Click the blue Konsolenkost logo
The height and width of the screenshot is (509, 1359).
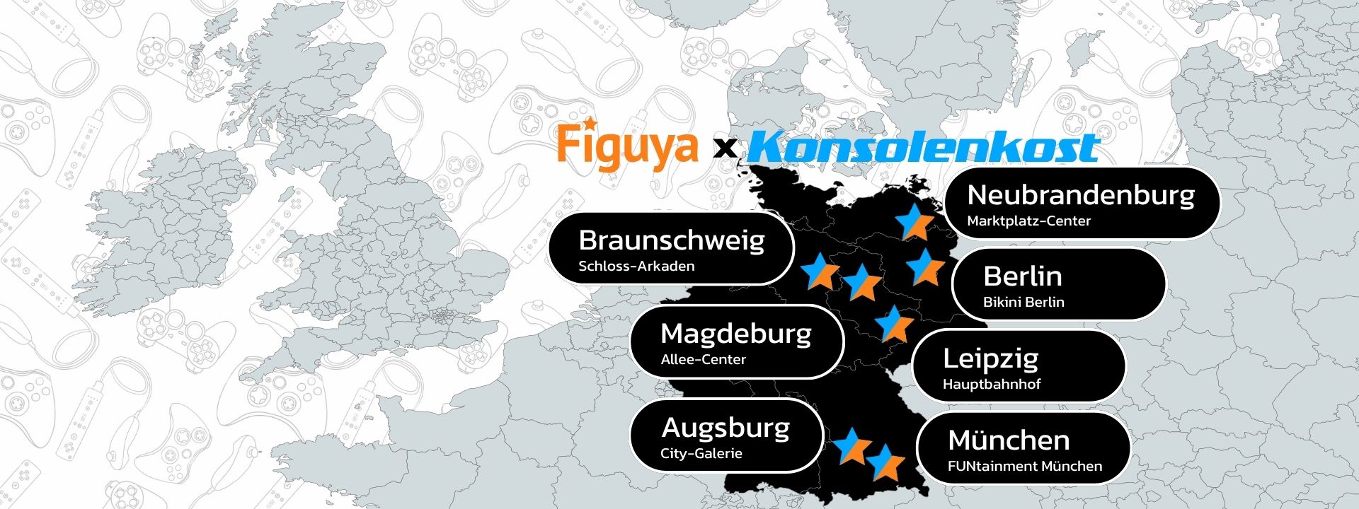coord(923,148)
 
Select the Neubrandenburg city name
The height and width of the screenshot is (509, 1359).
coord(1080,194)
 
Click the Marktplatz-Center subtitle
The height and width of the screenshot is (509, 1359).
coord(1028,221)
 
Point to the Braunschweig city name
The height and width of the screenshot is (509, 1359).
coord(671,240)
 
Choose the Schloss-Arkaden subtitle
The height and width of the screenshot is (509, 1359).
coord(636,267)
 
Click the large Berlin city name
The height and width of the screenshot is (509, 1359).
coord(1023,276)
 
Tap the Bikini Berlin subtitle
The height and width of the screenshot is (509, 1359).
coord(1023,302)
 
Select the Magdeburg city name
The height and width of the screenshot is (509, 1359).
coord(735,333)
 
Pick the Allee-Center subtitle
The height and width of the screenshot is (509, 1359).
coord(703,359)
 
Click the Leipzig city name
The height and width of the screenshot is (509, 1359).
coord(990,358)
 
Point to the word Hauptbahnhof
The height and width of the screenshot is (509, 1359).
coord(991,385)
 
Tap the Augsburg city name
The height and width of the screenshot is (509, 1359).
coord(726,428)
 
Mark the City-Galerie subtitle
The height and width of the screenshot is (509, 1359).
coord(701,454)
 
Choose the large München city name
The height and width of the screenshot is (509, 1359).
coord(1009,440)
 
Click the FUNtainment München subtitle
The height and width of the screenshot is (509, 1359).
coord(1024,467)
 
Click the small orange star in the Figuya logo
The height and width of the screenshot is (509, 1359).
coord(583,122)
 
